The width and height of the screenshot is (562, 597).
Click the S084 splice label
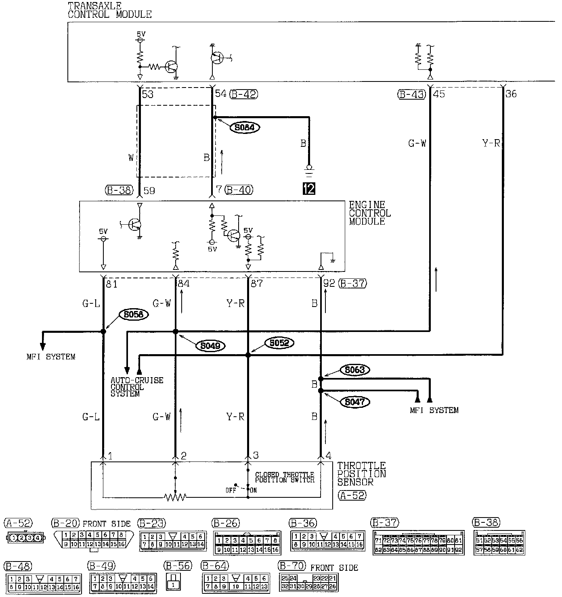245,127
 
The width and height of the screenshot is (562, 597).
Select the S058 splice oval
134,315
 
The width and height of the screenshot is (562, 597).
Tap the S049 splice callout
210,346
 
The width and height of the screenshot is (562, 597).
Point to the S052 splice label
279,343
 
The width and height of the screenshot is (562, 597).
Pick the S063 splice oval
355,369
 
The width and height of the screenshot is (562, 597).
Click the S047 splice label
355,402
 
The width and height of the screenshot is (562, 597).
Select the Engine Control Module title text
369,213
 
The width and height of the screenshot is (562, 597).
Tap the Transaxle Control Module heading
109,10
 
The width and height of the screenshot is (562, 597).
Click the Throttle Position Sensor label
361,474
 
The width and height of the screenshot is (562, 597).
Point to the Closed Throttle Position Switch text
285,477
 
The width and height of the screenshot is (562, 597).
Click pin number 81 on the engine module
111,284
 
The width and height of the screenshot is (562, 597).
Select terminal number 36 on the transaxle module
511,94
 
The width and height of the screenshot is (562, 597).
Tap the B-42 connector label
243,94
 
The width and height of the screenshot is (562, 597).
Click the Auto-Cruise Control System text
137,387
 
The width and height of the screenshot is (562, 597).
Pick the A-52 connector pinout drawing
26,537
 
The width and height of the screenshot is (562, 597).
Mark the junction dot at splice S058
103,332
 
